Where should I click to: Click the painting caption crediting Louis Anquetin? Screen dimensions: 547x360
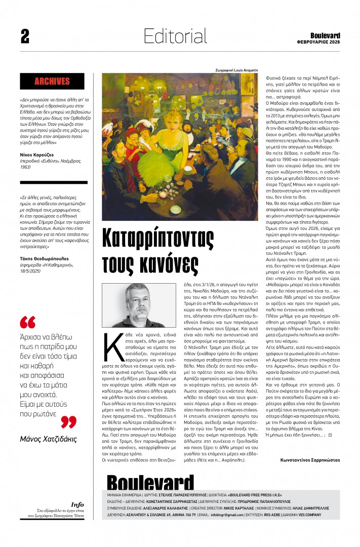(236, 69)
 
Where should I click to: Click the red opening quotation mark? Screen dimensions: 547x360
(27, 323)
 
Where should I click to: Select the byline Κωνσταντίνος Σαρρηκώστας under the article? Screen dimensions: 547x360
(310, 460)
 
